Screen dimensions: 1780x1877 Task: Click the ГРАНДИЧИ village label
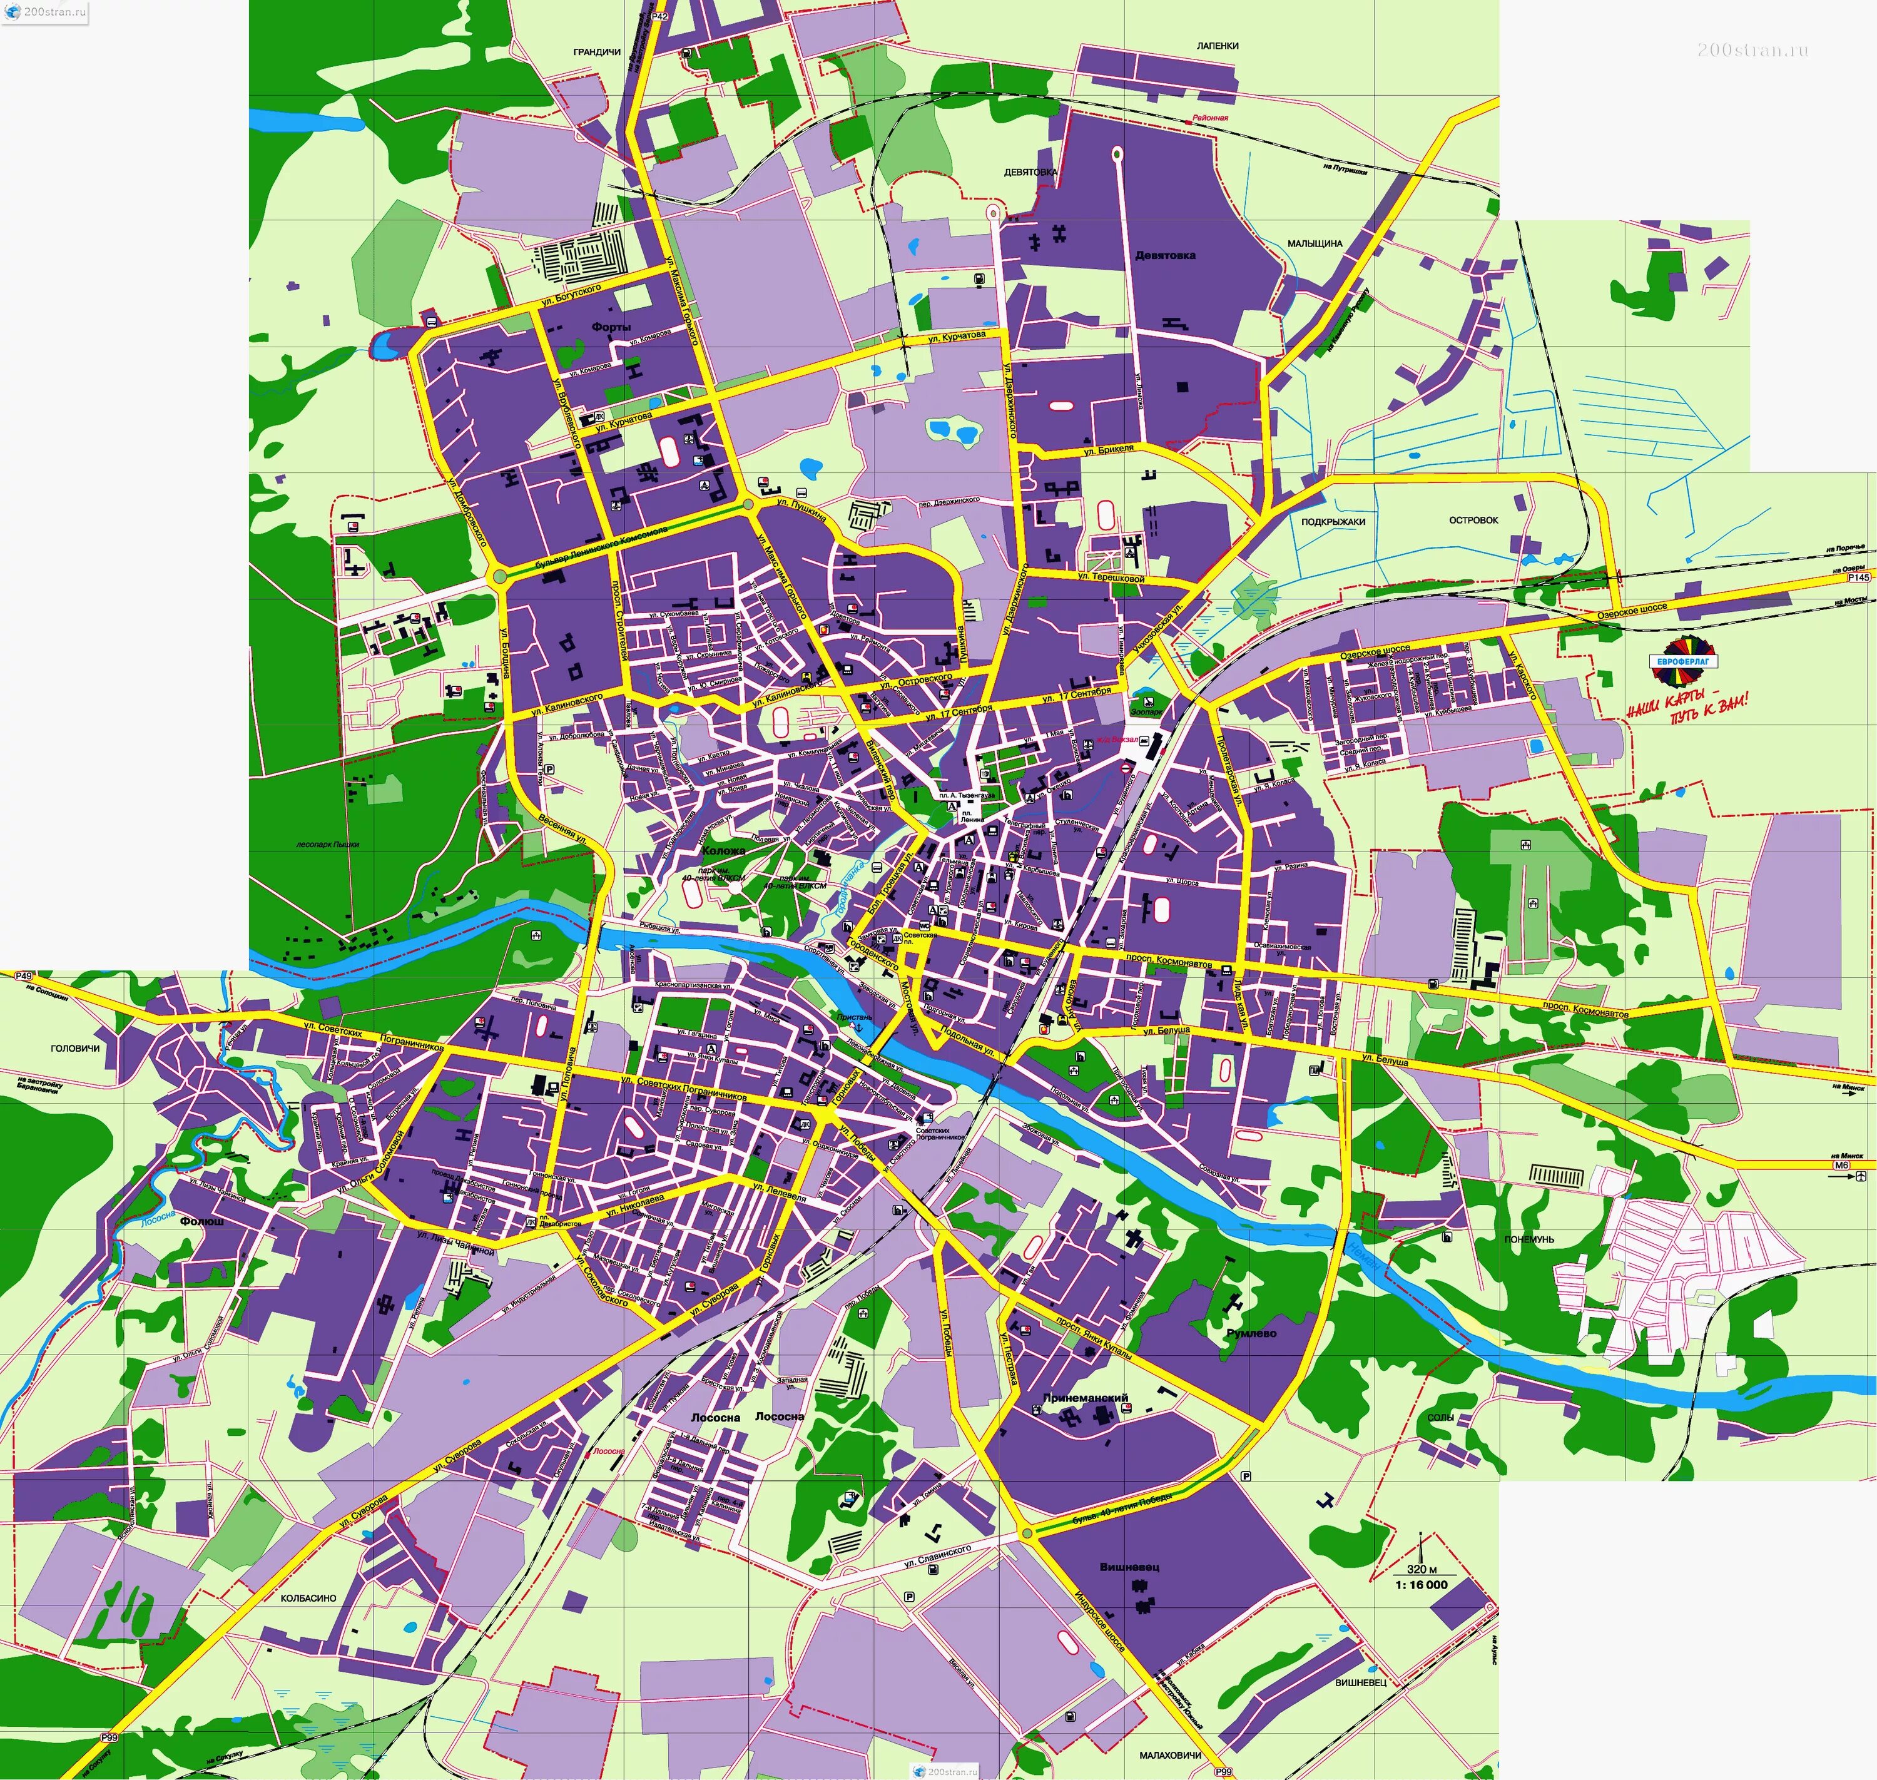point(597,52)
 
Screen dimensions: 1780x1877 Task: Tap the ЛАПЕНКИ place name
point(1218,46)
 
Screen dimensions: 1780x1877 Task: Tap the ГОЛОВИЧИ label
point(75,1049)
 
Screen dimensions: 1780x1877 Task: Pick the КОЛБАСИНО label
point(308,1598)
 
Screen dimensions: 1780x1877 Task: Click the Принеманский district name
point(1085,1398)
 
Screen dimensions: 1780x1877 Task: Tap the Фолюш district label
point(202,1221)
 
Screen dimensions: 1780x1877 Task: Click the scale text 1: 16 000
point(1422,1585)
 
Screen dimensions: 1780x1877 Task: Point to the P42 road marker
point(661,16)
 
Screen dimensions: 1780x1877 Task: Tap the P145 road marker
point(1858,577)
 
